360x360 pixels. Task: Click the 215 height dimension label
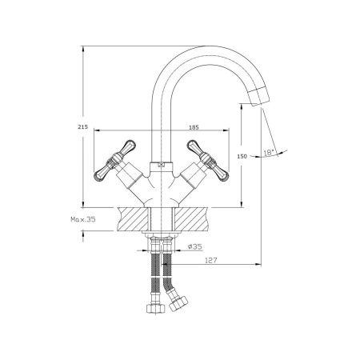[82, 127]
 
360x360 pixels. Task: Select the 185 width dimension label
[194, 127]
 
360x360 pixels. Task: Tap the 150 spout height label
[242, 156]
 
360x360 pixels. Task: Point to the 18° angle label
[269, 153]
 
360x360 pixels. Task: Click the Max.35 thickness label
[83, 219]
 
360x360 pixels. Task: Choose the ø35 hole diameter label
[194, 246]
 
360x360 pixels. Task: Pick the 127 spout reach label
[211, 260]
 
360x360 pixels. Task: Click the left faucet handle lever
[115, 160]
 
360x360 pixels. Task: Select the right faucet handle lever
[208, 161]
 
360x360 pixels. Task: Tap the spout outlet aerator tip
[259, 97]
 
